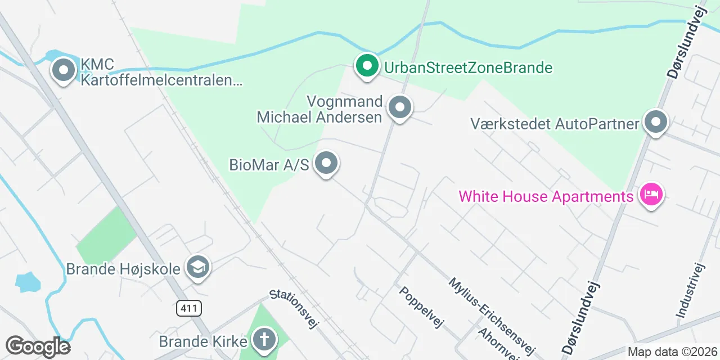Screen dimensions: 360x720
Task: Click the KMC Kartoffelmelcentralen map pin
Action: point(64,71)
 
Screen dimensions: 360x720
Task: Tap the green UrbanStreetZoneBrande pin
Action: point(367,66)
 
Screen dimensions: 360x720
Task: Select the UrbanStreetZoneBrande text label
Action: point(468,68)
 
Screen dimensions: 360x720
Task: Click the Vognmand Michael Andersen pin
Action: point(400,107)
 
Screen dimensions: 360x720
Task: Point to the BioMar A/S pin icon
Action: point(326,164)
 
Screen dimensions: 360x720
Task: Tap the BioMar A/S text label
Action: point(269,165)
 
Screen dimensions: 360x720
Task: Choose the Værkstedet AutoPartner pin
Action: point(655,122)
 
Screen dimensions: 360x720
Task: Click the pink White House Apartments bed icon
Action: point(651,195)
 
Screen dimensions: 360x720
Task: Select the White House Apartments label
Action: point(546,197)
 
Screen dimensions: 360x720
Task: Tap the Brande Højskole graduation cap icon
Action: point(198,268)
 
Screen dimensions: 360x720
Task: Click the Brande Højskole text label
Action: point(123,269)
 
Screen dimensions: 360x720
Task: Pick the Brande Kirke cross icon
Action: point(263,340)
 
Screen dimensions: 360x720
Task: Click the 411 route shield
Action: point(188,308)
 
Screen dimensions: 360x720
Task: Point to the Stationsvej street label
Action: point(294,308)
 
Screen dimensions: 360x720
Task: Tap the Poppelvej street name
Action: point(422,307)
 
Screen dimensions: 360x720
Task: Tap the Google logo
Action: point(37,346)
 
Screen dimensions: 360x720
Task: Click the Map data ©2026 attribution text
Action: point(673,352)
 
